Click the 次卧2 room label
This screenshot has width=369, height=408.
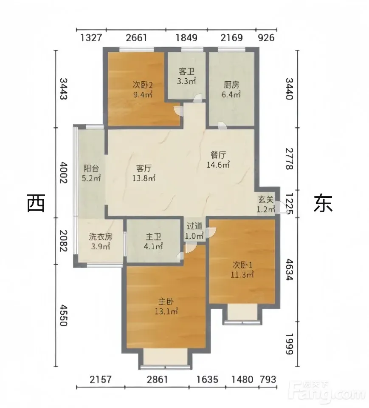click(143, 85)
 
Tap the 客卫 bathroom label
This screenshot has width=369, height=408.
click(186, 71)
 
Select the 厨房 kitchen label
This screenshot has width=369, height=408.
click(231, 85)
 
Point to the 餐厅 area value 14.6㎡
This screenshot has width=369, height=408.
click(218, 165)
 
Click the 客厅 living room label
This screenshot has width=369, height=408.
click(144, 168)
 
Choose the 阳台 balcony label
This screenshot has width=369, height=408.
click(91, 168)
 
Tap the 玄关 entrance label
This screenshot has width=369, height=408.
click(266, 200)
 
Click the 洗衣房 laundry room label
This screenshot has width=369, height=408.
click(101, 237)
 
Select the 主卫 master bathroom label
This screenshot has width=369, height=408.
click(153, 237)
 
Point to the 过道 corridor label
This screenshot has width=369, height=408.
click(194, 226)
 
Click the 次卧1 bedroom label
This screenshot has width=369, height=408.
click(242, 265)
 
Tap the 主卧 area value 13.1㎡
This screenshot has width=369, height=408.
click(166, 311)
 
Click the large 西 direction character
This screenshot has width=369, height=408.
click(36, 203)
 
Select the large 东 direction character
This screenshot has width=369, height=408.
click(323, 203)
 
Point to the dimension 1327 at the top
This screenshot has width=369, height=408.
click(91, 38)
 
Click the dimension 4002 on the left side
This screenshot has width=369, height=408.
click(63, 172)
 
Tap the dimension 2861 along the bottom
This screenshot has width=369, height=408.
click(158, 379)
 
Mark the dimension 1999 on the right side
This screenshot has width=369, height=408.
click(289, 344)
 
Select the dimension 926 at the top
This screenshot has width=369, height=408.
click(266, 38)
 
